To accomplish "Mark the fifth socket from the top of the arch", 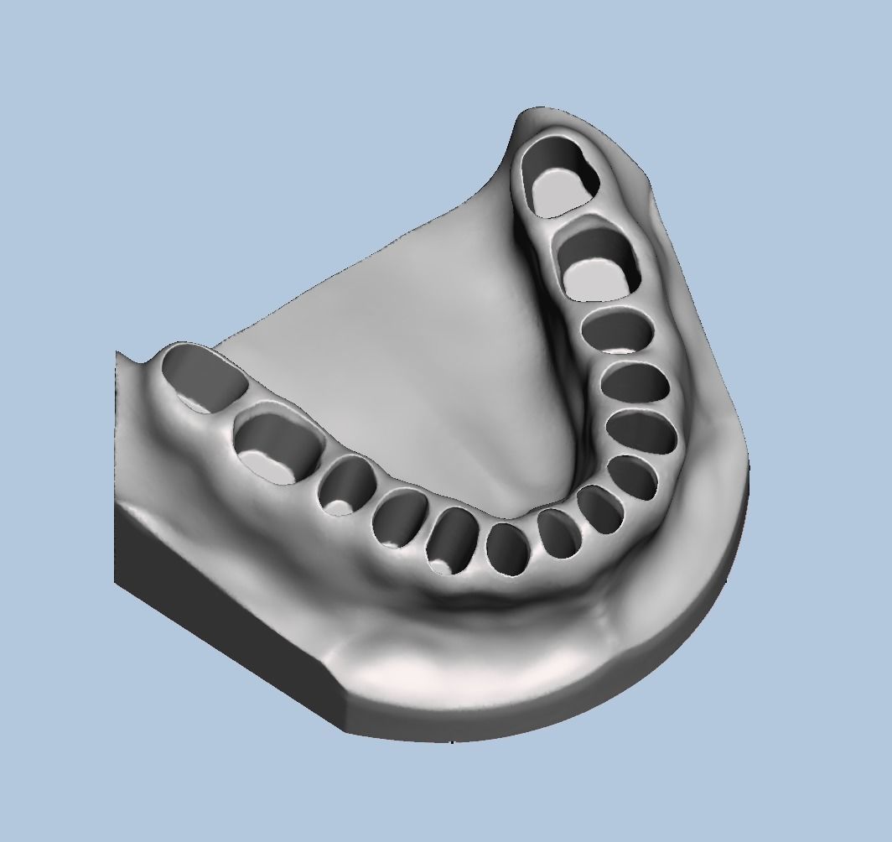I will (641, 433).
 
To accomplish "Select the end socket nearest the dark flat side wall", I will (204, 378).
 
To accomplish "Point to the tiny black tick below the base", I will (452, 741).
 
